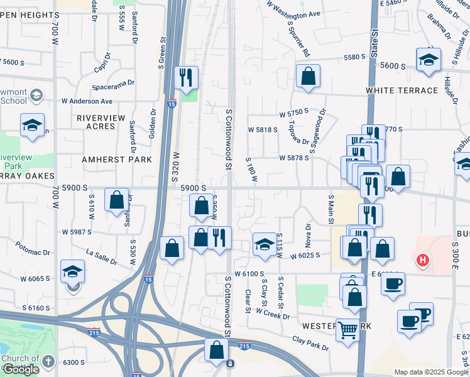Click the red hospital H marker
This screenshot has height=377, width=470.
tap(423, 259)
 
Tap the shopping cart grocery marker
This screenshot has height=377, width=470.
tap(347, 329)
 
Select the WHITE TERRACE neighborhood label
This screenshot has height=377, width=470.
tap(402, 90)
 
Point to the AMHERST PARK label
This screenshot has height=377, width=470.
tap(117, 160)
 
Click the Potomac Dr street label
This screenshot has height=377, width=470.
tap(33, 248)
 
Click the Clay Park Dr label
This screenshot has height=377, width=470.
tap(310, 343)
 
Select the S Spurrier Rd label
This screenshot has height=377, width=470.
tap(298, 39)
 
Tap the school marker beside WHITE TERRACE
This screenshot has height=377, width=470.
tap(428, 60)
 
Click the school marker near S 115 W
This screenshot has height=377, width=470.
tap(265, 244)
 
